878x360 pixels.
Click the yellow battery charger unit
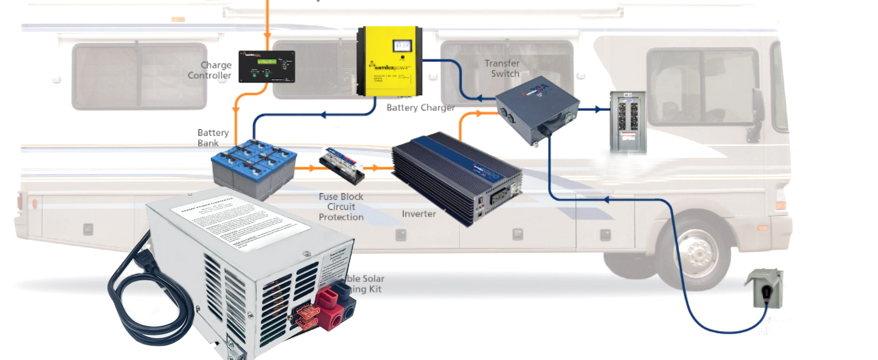pyautogui.click(x=388, y=62)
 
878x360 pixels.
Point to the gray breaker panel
pyautogui.click(x=627, y=122)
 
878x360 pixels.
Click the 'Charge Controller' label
pyautogui.click(x=209, y=70)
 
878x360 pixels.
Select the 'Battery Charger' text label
pyautogui.click(x=420, y=108)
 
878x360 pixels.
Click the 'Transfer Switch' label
pyautogui.click(x=502, y=68)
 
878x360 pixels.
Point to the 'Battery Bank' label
pyautogui.click(x=213, y=138)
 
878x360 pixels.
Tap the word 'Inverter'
pyautogui.click(x=419, y=214)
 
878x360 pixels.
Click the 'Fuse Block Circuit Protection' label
pyautogui.click(x=341, y=207)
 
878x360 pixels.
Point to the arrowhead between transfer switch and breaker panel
pyautogui.click(x=597, y=110)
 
